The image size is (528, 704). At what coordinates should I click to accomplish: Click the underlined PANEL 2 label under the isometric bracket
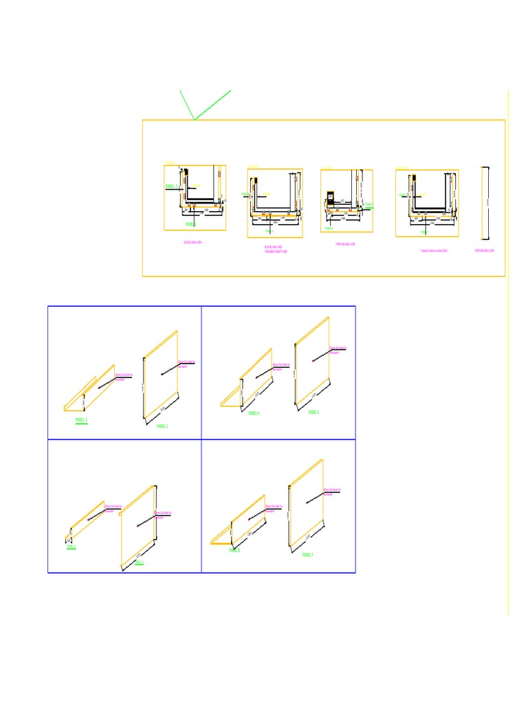(x=82, y=419)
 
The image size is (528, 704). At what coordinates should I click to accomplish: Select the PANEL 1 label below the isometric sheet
(x=162, y=426)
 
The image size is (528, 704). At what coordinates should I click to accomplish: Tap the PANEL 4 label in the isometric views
(x=254, y=413)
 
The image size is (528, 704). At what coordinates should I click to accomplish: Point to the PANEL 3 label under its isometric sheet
(x=313, y=412)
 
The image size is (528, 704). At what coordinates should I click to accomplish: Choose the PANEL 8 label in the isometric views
(x=234, y=551)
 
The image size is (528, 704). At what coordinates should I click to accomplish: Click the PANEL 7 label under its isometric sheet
(x=307, y=554)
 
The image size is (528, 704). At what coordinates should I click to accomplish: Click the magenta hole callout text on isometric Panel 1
(x=187, y=364)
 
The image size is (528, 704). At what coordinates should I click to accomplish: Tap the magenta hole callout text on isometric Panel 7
(x=333, y=492)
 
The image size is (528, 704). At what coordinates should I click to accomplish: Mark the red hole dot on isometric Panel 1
(x=162, y=374)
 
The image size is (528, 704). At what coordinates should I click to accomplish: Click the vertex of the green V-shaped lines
(x=195, y=120)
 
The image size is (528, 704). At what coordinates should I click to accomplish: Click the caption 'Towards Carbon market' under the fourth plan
(x=434, y=251)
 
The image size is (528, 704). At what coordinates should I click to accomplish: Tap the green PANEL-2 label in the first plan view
(x=172, y=186)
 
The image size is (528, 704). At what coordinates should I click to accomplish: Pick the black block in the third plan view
(x=329, y=197)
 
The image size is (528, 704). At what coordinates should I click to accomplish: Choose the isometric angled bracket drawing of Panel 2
(x=89, y=389)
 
